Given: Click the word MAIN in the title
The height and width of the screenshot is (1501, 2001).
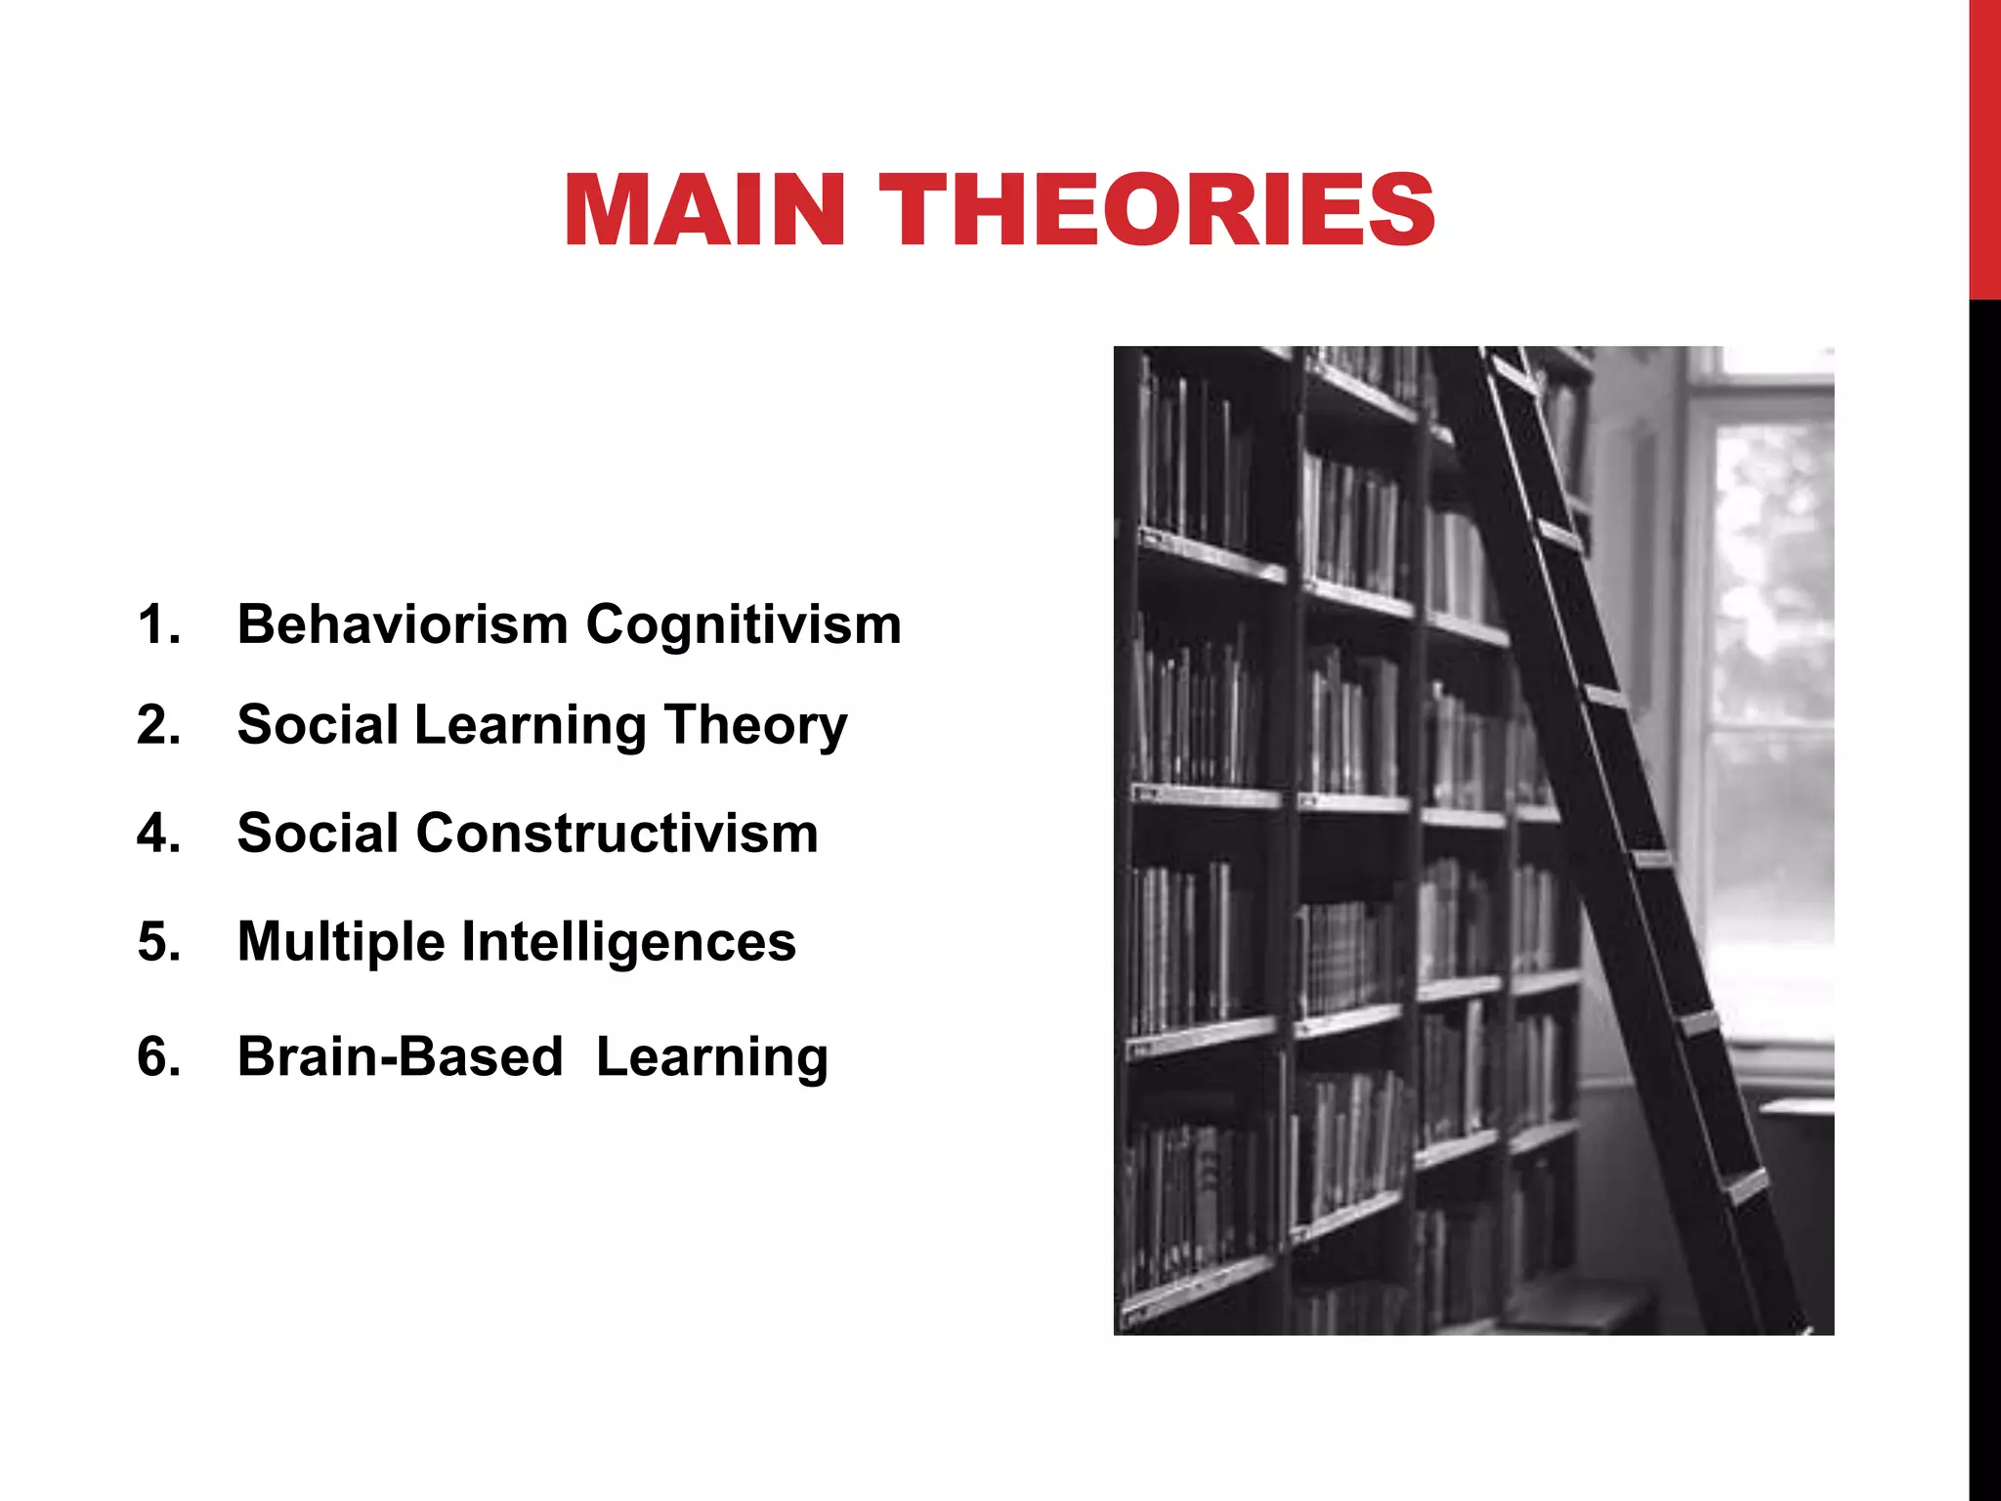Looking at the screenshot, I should coord(703,210).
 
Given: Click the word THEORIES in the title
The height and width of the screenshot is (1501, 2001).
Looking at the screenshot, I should coord(1158,210).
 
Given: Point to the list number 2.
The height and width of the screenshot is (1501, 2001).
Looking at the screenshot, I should coord(159,725).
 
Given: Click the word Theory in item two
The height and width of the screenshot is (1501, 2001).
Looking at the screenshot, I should coord(755,725).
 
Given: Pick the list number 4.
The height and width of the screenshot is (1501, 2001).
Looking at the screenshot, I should coord(159,834).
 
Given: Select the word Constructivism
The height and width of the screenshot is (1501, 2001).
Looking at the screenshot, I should coord(617,834).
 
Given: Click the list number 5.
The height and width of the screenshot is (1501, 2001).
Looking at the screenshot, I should coord(159,942).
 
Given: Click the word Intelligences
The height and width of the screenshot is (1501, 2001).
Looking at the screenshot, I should coord(628,942).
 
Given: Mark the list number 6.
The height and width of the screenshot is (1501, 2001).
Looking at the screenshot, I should coord(159,1057).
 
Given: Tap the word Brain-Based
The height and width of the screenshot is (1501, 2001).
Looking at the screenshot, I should coord(400,1057).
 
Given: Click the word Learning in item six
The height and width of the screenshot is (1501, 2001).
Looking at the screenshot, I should coord(711,1057).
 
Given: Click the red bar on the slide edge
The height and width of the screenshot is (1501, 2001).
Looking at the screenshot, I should coord(1984,147).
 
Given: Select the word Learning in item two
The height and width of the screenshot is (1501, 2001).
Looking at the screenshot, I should coord(530,725).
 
